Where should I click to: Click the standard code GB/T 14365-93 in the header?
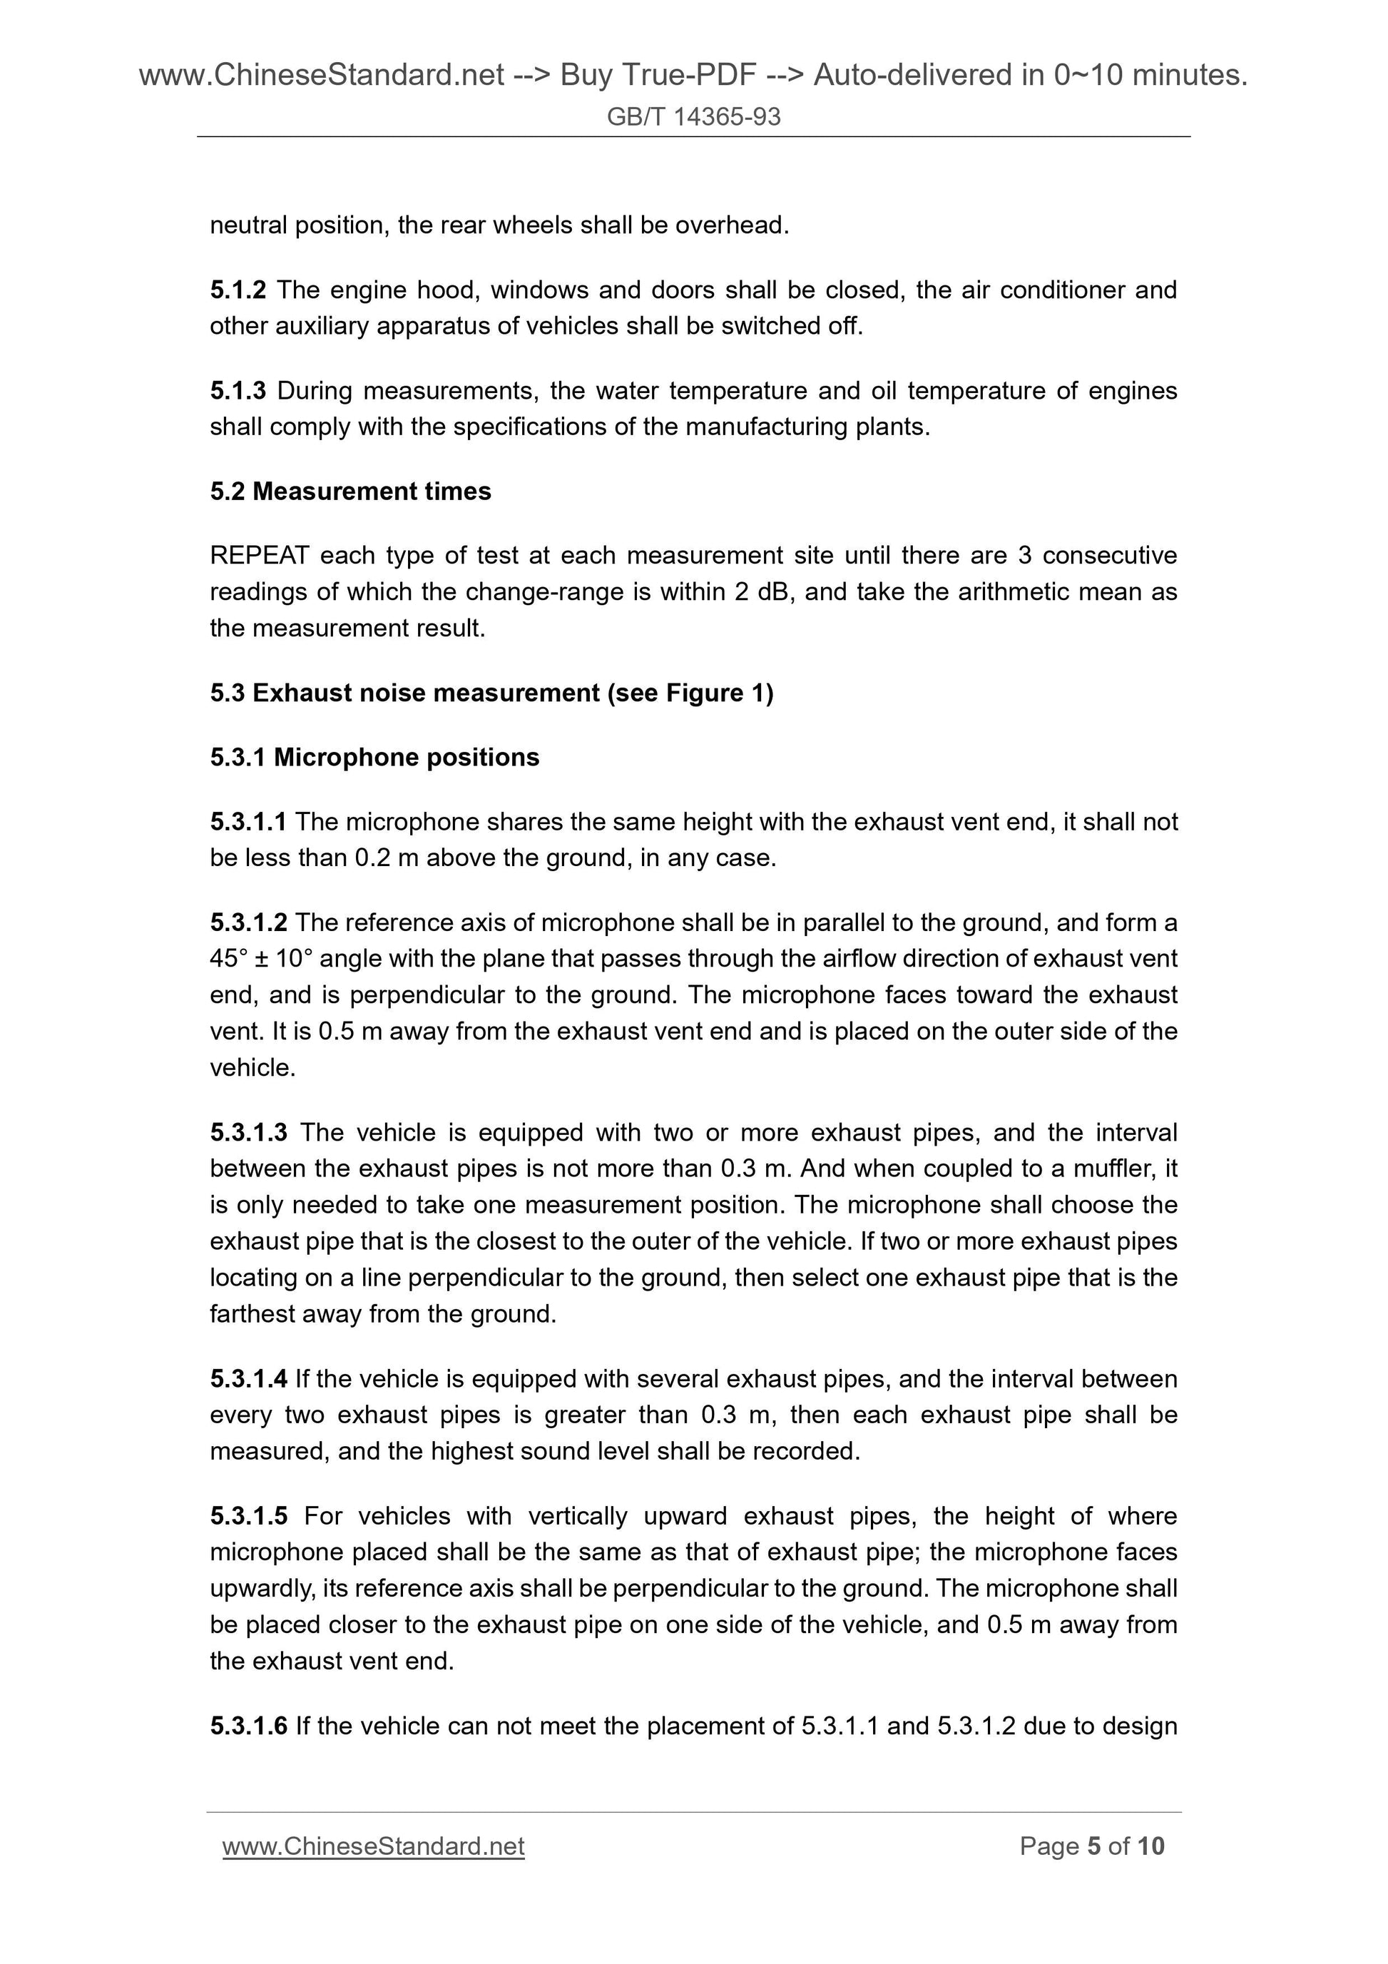pyautogui.click(x=693, y=117)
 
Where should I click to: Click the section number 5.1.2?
pyautogui.click(x=238, y=290)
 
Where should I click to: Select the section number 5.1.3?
pyautogui.click(x=238, y=391)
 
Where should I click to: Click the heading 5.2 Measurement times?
pyautogui.click(x=351, y=492)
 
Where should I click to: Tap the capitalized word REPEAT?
pyautogui.click(x=259, y=556)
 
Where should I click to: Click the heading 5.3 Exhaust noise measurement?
pyautogui.click(x=491, y=693)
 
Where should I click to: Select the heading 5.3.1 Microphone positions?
pyautogui.click(x=374, y=758)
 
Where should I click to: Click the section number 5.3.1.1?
pyautogui.click(x=248, y=822)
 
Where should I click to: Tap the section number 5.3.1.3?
pyautogui.click(x=248, y=1133)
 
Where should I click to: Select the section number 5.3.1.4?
pyautogui.click(x=248, y=1379)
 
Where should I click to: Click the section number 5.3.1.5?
pyautogui.click(x=248, y=1517)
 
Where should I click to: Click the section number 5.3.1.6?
pyautogui.click(x=248, y=1726)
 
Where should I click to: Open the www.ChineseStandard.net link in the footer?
pyautogui.click(x=373, y=1847)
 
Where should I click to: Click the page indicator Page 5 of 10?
pyautogui.click(x=1091, y=1847)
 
